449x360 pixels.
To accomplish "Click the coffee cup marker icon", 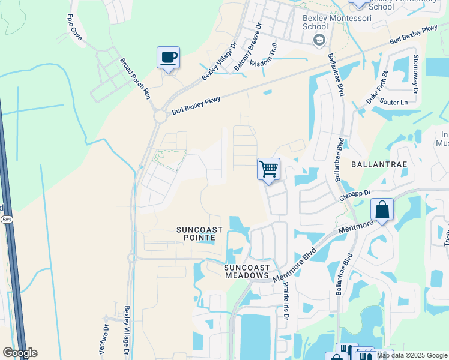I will click(168, 58).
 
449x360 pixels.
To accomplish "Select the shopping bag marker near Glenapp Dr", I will click(382, 209).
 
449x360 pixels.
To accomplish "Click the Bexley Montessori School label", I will click(324, 22).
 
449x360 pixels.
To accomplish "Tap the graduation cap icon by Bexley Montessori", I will click(319, 40).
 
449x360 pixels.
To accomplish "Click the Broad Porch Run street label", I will click(134, 79).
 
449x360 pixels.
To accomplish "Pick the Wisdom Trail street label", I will click(264, 55).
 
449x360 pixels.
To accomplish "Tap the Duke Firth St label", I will click(379, 88).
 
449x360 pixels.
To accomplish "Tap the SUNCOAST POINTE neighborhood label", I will click(199, 234).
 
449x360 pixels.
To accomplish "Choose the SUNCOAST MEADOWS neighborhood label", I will click(246, 271).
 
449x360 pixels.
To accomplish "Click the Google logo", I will click(20, 353).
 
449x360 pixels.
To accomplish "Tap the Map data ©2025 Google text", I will click(412, 355).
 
